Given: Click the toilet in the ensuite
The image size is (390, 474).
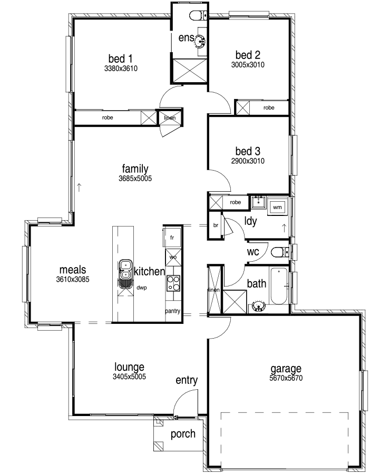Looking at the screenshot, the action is [x=199, y=15].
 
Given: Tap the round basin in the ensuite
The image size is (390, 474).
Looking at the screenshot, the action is [x=200, y=41].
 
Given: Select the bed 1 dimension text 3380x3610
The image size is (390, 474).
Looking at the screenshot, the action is [x=121, y=68].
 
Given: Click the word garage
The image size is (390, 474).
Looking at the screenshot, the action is [x=286, y=369].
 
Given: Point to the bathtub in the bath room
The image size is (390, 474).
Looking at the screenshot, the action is [x=279, y=285].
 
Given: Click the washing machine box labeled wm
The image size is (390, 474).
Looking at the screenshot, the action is [x=277, y=207].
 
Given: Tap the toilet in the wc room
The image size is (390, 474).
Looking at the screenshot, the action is [x=280, y=252].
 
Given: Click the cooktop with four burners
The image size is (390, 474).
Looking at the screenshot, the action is [x=173, y=283].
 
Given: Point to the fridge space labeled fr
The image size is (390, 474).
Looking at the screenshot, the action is [x=172, y=238].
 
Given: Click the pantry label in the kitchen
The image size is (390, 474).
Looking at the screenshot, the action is [x=172, y=311].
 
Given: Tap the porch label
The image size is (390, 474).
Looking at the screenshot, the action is [x=183, y=434].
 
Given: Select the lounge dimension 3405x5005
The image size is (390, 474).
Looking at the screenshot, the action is [x=129, y=377].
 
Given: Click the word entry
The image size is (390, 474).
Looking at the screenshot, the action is [x=187, y=380].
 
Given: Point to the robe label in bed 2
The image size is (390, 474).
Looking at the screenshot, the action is [x=269, y=107].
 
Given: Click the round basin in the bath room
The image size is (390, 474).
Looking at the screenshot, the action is [x=258, y=306].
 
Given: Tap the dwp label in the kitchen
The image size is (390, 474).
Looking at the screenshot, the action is [x=142, y=288].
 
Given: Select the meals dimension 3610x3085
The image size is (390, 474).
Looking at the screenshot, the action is [x=73, y=279].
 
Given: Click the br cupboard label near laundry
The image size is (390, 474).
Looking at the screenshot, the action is [x=216, y=225].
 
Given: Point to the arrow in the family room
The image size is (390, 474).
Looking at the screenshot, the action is [x=79, y=187].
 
